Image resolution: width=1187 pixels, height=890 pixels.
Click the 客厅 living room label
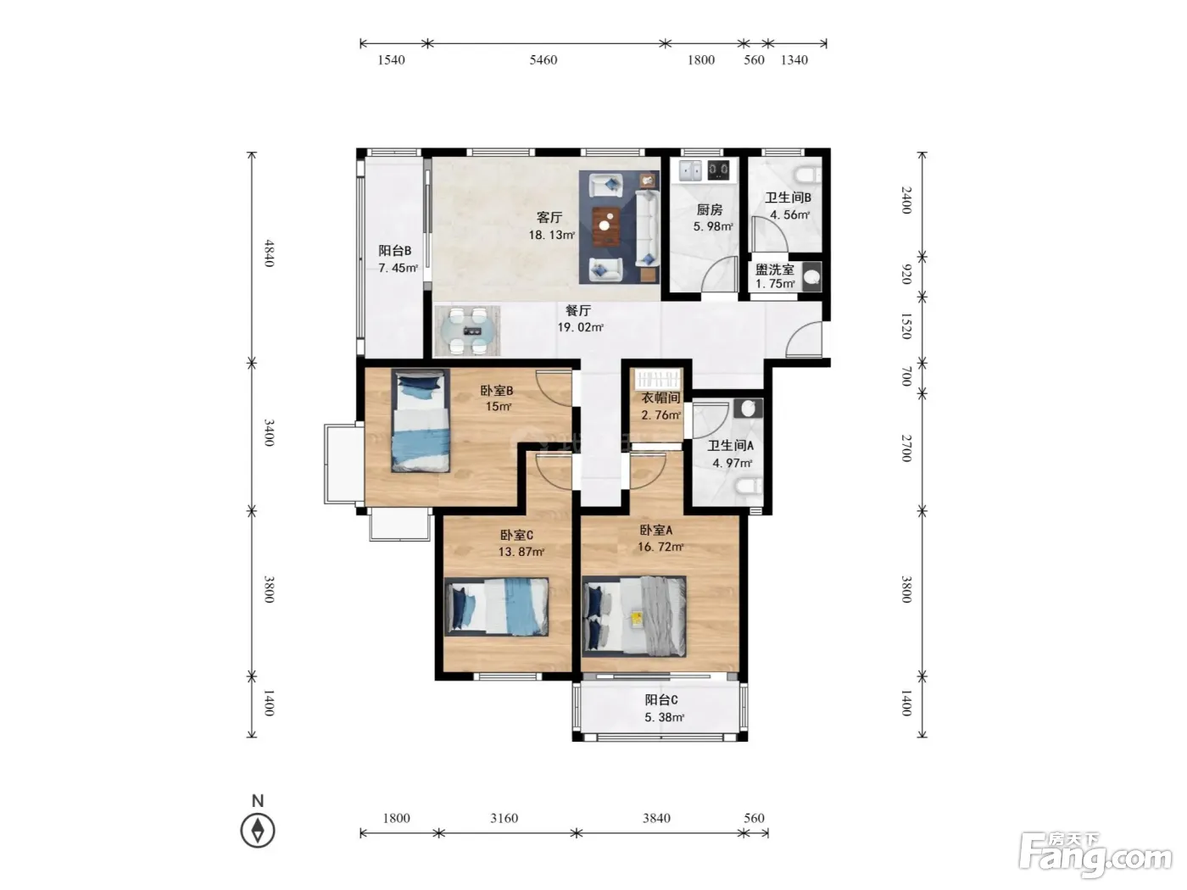(x=549, y=217)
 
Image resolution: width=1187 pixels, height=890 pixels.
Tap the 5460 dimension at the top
(x=543, y=60)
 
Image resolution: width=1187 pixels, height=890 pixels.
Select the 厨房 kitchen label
(x=709, y=209)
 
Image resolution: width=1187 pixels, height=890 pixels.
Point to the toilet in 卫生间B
(x=807, y=175)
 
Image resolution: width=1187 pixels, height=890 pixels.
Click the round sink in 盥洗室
(x=811, y=277)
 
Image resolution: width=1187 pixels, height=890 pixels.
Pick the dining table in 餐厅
(x=468, y=331)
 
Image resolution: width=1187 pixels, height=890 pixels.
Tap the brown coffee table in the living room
(x=607, y=226)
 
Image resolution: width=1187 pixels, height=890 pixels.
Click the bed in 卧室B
(x=421, y=420)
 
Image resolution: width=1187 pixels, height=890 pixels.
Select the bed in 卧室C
(x=497, y=606)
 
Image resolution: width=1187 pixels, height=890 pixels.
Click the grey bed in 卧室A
(x=634, y=616)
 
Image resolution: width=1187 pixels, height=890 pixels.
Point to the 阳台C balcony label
(x=660, y=700)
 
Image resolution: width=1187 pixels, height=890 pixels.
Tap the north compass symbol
(x=258, y=830)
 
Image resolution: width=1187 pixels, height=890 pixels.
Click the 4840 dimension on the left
(x=269, y=253)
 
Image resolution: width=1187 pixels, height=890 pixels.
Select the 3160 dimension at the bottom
(x=504, y=818)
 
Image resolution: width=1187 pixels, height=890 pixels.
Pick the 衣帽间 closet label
(x=660, y=398)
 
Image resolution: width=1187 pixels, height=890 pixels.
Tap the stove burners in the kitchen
(x=719, y=170)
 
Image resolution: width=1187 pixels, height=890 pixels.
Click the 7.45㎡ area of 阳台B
(x=398, y=268)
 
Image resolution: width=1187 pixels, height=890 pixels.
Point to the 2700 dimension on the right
(x=906, y=448)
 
